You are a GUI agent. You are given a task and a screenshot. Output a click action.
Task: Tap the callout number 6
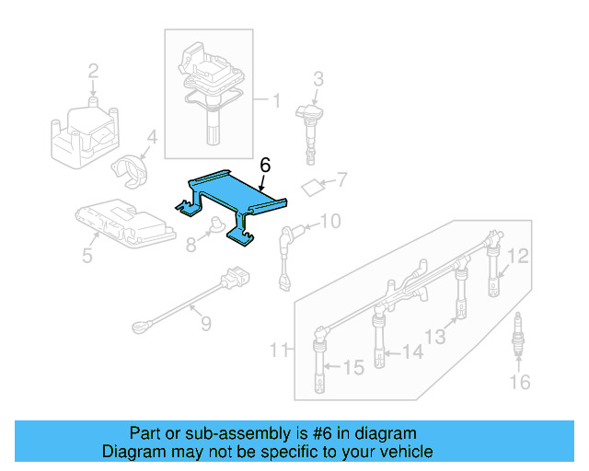[265, 166]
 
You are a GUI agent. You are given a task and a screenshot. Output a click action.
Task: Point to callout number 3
[318, 79]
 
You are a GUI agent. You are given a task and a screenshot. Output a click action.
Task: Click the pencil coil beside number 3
[309, 123]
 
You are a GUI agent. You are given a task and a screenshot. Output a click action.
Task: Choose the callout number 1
[274, 98]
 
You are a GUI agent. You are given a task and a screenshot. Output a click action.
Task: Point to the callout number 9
[204, 324]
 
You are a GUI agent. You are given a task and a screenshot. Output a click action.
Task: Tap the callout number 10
[329, 221]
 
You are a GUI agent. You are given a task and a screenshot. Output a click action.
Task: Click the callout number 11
[280, 350]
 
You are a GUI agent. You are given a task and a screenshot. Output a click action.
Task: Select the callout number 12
[519, 256]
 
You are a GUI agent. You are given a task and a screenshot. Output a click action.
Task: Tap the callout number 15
[353, 368]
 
